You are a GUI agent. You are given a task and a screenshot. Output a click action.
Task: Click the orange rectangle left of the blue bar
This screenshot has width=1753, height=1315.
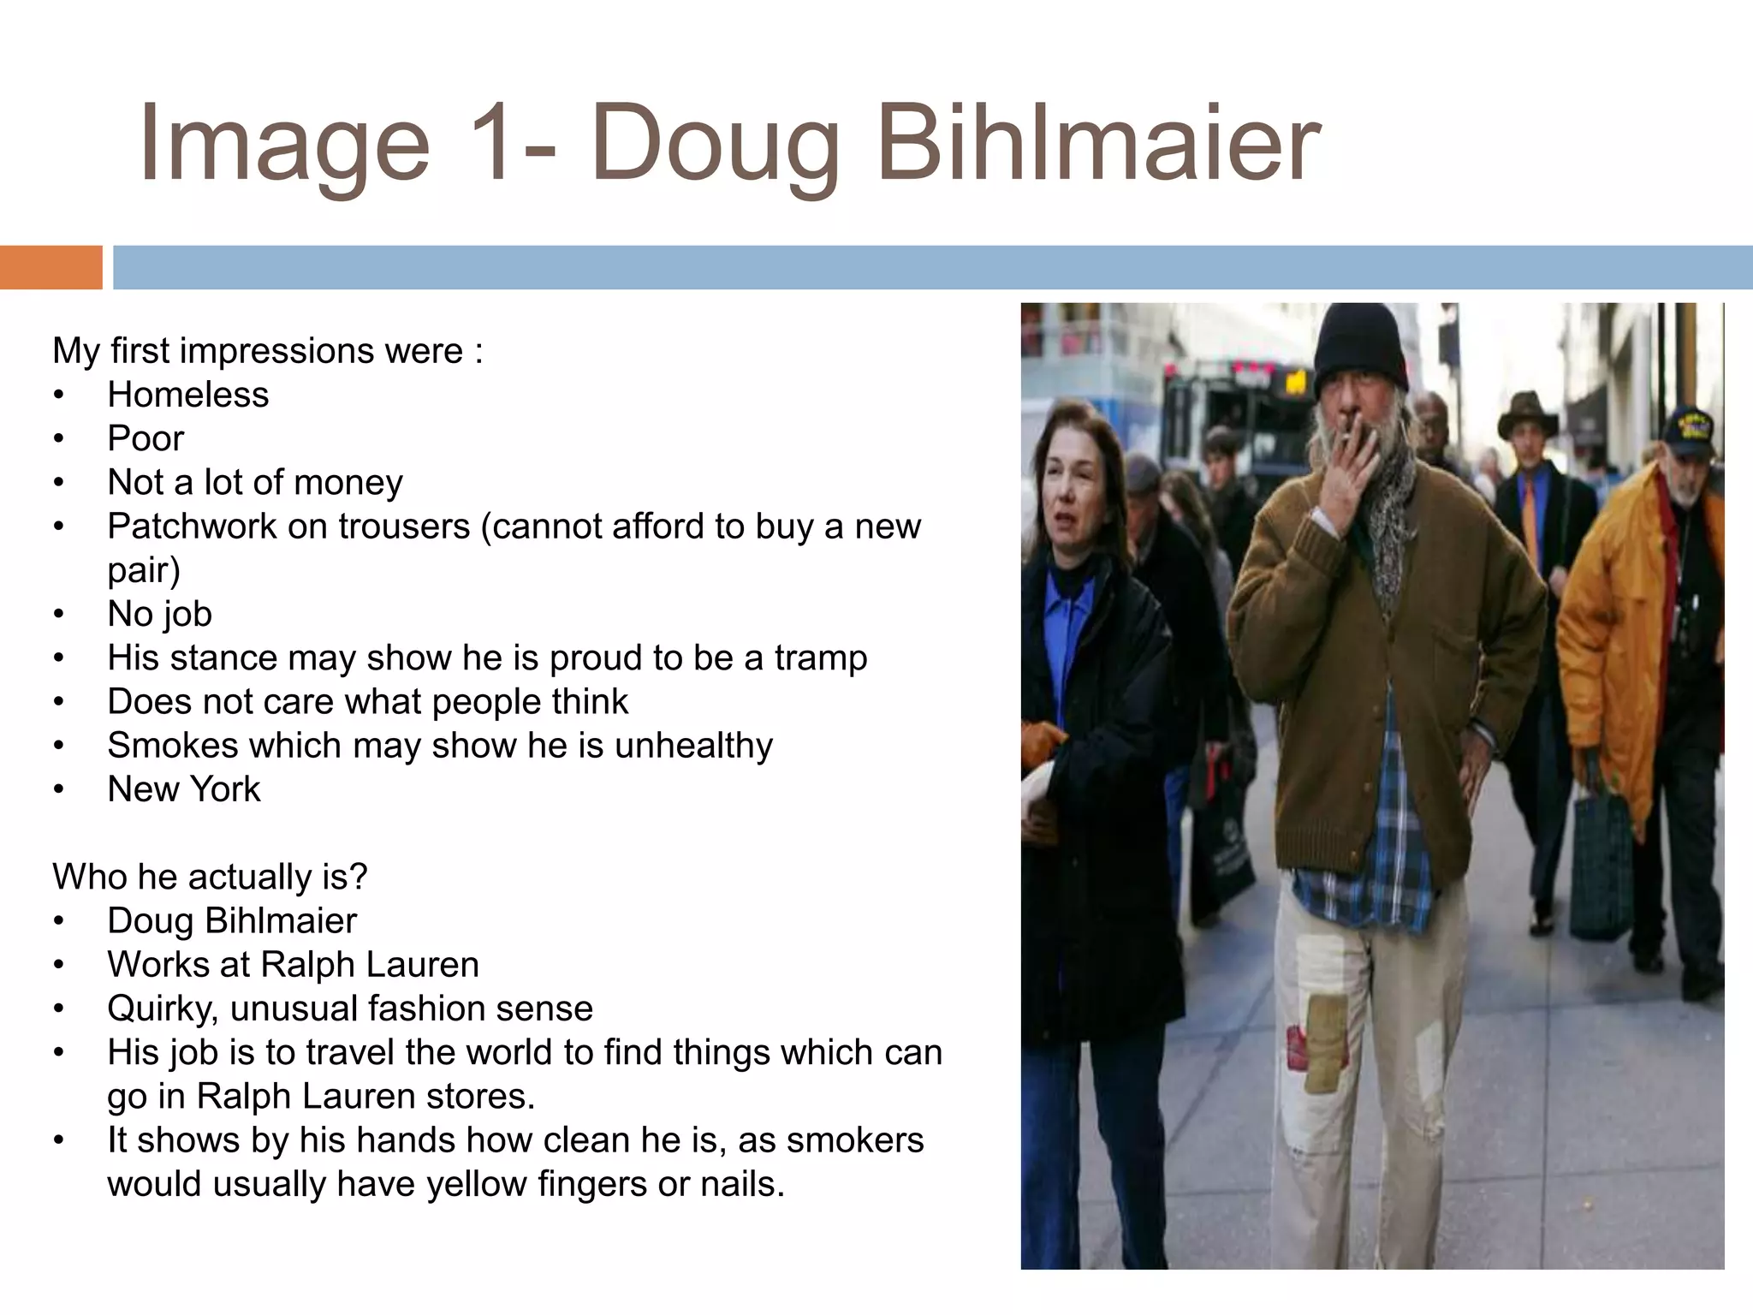click(x=51, y=267)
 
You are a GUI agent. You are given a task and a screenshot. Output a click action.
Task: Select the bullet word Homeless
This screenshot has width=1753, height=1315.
click(x=187, y=395)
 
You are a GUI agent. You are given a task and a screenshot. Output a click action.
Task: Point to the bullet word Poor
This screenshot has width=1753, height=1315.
click(x=146, y=438)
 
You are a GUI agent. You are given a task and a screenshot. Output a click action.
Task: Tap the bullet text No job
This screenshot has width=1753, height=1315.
click(x=159, y=614)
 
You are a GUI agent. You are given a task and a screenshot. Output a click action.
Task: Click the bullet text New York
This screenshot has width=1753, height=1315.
click(x=183, y=788)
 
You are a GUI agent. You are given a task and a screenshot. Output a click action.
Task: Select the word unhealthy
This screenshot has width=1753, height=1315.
click(x=693, y=745)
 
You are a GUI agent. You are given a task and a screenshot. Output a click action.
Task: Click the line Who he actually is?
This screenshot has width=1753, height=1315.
click(x=210, y=877)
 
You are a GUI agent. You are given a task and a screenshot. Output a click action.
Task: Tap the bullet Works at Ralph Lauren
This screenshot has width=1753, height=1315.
click(x=293, y=965)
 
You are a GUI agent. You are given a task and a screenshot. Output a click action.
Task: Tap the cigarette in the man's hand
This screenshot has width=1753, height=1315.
click(x=1344, y=437)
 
